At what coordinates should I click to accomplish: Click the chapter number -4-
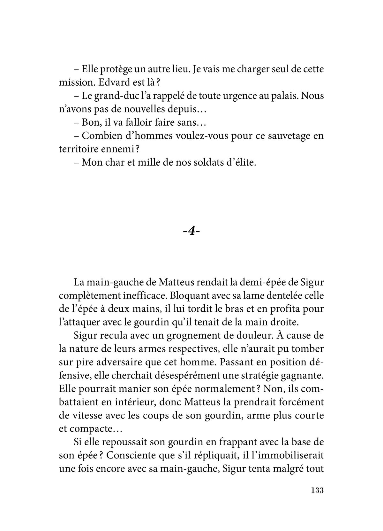click(x=191, y=231)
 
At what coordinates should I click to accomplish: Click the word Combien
click(x=101, y=136)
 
